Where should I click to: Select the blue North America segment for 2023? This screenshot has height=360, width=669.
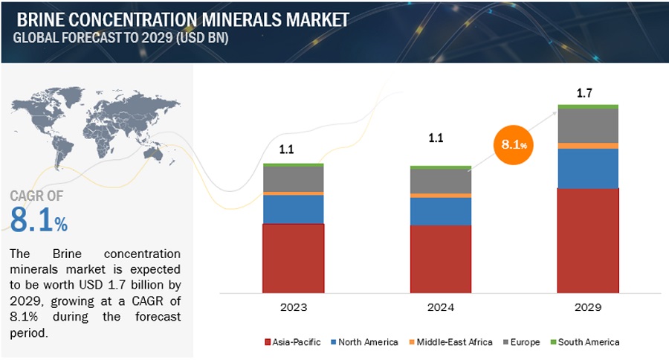pyautogui.click(x=294, y=209)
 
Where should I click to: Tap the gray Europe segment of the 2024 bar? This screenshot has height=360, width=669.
pyautogui.click(x=441, y=181)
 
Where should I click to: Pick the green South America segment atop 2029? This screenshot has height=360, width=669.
pyautogui.click(x=588, y=106)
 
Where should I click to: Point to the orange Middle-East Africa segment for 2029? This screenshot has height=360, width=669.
pyautogui.click(x=588, y=146)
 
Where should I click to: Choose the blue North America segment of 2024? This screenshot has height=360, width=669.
pyautogui.click(x=441, y=211)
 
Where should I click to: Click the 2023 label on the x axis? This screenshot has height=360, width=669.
pyautogui.click(x=294, y=306)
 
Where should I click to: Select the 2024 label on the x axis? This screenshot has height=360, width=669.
pyautogui.click(x=441, y=306)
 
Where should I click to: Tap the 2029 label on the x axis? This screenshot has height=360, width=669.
pyautogui.click(x=588, y=306)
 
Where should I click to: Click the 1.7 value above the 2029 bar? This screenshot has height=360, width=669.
pyautogui.click(x=584, y=93)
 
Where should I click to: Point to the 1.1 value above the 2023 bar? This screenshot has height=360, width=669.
pyautogui.click(x=286, y=150)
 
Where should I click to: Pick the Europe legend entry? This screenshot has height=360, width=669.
pyautogui.click(x=521, y=342)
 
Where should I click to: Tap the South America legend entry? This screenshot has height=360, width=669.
pyautogui.click(x=586, y=342)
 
